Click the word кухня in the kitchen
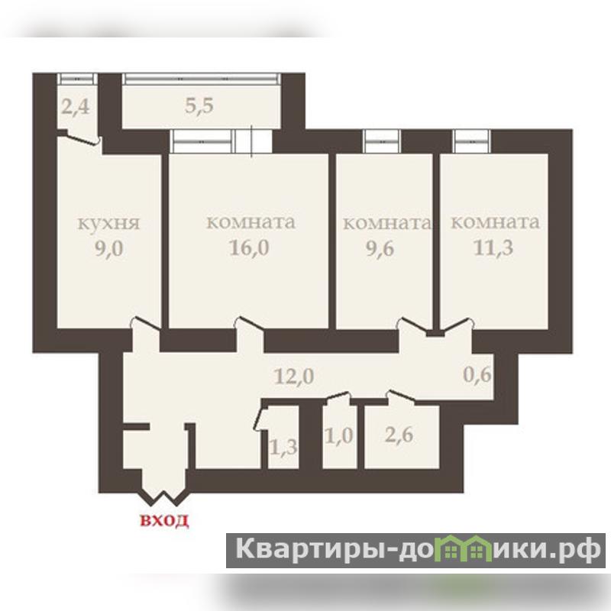[108, 224]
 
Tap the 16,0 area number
[249, 247]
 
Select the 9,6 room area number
[380, 247]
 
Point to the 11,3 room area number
[493, 247]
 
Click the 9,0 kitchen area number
[109, 249]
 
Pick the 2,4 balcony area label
[76, 106]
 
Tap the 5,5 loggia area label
[199, 105]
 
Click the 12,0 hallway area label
[294, 377]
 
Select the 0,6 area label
[477, 375]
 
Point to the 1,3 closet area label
[283, 447]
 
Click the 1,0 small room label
[339, 435]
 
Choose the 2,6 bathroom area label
[399, 435]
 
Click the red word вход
[164, 520]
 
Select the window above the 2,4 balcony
[77, 79]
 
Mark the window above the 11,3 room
[471, 141]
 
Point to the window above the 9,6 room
[381, 141]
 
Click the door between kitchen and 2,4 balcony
[80, 139]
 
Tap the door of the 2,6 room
[400, 396]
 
